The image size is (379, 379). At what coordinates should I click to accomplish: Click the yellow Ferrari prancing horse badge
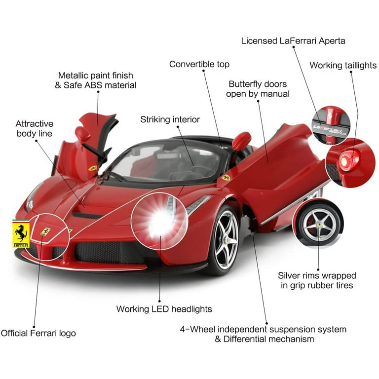pyautogui.click(x=21, y=233)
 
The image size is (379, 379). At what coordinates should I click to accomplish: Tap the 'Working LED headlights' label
pyautogui.click(x=164, y=309)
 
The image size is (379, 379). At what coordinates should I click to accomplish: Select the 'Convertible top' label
pyautogui.click(x=199, y=64)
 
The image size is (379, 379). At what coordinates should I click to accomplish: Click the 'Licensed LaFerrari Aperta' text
pyautogui.click(x=293, y=41)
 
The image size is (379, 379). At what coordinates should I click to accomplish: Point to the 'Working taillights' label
pyautogui.click(x=342, y=66)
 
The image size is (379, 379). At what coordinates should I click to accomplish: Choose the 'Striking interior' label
pyautogui.click(x=170, y=119)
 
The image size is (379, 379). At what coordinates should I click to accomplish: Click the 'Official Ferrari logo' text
pyautogui.click(x=38, y=333)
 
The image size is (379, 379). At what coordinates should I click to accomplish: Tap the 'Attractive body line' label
pyautogui.click(x=34, y=128)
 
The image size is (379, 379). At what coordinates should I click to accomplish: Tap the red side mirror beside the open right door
pyautogui.click(x=241, y=140)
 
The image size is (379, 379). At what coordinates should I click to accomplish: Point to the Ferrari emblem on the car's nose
pyautogui.click(x=45, y=230)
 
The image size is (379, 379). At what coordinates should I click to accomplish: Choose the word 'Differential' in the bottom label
pyautogui.click(x=249, y=339)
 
